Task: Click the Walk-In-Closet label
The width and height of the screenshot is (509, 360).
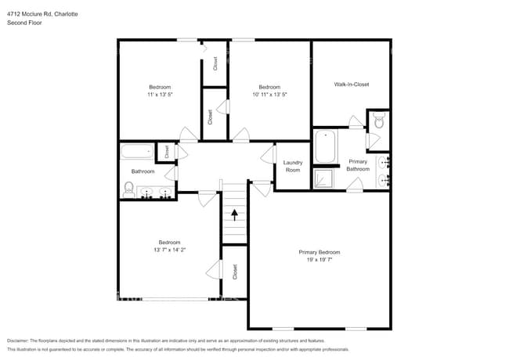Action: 351,84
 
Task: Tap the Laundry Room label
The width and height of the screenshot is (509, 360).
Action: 292,167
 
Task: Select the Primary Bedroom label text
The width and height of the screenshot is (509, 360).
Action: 319,252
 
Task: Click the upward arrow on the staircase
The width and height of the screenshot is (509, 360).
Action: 233,213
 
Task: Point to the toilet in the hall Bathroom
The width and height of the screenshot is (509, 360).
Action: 129,188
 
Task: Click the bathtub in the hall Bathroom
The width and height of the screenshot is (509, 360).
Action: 137,152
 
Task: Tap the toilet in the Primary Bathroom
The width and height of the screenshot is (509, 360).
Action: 378,121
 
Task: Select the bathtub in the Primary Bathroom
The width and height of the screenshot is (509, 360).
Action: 325,146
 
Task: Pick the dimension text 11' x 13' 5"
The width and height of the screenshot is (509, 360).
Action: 160,94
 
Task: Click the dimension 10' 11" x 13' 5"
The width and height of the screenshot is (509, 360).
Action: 269,94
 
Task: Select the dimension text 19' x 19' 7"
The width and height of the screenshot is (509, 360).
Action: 319,259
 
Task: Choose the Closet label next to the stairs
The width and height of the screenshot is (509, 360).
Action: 234,271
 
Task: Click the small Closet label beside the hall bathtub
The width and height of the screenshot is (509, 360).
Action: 167,151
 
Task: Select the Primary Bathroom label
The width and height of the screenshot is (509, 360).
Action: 358,165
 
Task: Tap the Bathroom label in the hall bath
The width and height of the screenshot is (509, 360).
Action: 143,171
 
